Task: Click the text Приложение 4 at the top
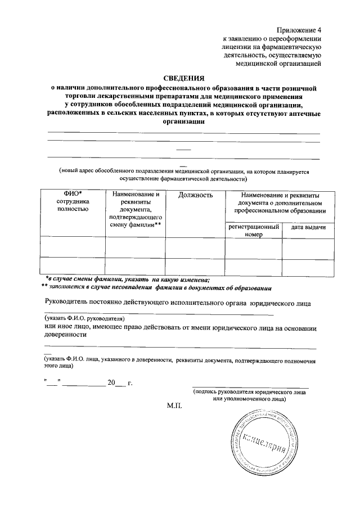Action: pyautogui.click(x=299, y=29)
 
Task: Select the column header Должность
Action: pyautogui.click(x=195, y=195)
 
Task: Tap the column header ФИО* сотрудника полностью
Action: pyautogui.click(x=73, y=202)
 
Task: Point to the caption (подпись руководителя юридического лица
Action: pyautogui.click(x=249, y=391)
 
